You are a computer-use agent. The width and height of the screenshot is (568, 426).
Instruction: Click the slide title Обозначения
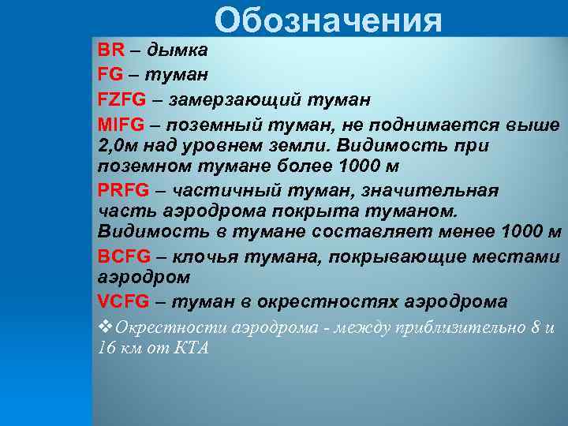click(x=327, y=21)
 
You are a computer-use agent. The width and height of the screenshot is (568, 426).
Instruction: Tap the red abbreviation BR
click(x=111, y=50)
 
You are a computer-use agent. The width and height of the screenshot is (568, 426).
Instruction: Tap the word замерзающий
click(x=235, y=100)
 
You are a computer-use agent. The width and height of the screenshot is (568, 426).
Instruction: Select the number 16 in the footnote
click(x=106, y=348)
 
